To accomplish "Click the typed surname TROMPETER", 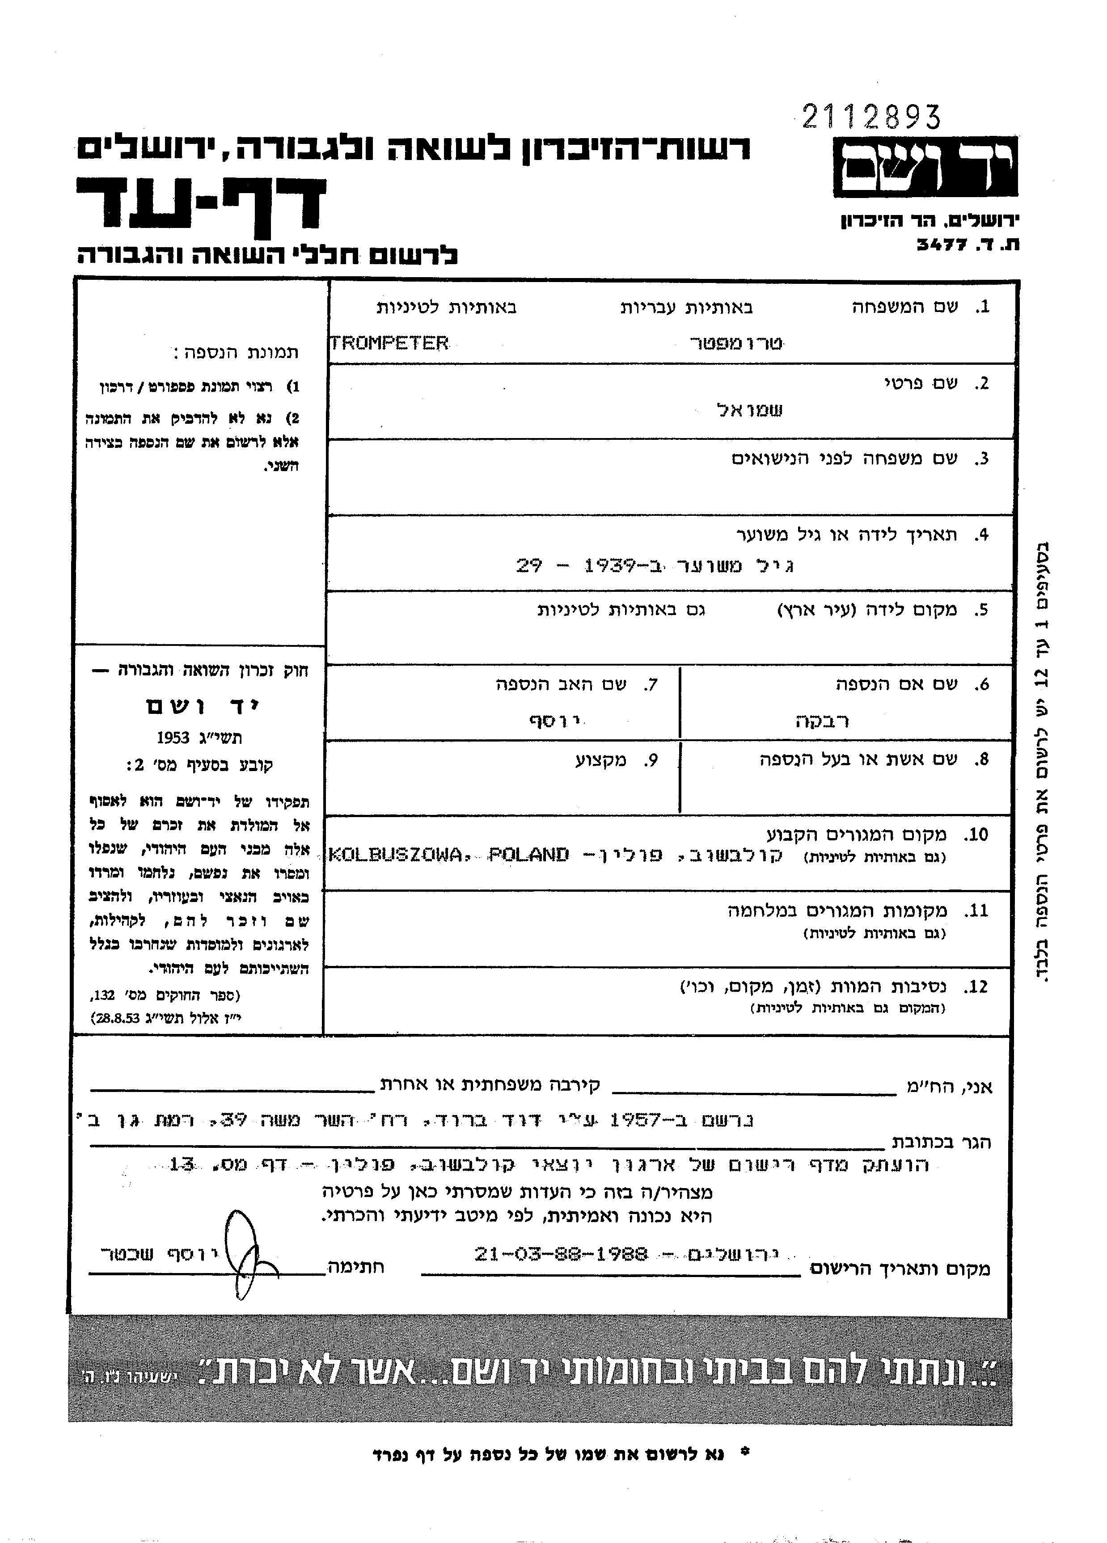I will tap(389, 343).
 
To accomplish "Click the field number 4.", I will tap(980, 535).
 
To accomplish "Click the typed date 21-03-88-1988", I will tap(561, 1253).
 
